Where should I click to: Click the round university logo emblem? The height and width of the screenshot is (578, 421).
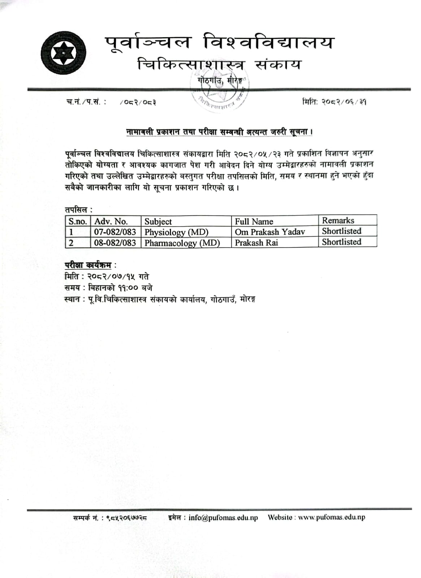64,53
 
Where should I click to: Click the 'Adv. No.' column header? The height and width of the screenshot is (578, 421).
111,221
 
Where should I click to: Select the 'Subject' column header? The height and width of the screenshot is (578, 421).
158,221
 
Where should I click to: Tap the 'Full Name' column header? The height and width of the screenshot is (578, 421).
254,221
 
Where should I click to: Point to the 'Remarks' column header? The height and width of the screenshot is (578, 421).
338,220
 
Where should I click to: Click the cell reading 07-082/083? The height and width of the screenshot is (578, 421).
115,232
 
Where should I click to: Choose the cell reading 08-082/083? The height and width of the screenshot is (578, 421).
115,243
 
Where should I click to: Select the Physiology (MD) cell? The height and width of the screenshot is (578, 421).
176,232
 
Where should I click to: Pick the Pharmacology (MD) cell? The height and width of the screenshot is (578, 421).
182,243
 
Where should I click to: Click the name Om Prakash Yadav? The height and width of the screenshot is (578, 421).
270,232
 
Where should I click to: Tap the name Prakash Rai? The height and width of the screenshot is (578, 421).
256,243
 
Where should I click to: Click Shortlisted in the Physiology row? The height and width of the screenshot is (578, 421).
341,231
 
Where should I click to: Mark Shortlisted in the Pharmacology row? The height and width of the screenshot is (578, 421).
341,242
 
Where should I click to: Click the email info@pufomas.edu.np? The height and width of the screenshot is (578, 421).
223,517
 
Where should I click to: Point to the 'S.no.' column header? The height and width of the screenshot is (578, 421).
78,221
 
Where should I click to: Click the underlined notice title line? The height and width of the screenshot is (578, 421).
219,132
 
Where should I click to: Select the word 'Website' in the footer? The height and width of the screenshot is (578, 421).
280,517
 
